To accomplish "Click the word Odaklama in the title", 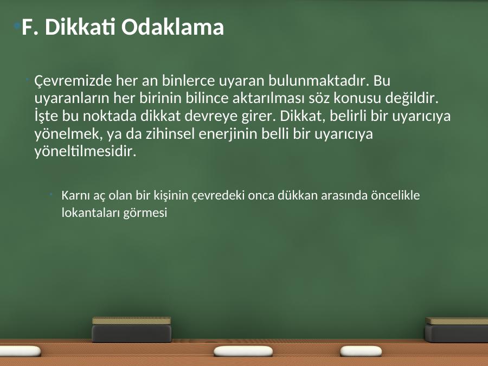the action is click(172, 27).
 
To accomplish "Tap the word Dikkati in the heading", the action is click(80, 27).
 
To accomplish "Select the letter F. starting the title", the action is click(30, 28).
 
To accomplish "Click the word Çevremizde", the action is click(73, 81).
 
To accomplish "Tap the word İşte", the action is click(46, 116).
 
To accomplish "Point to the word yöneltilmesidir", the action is click(85, 152).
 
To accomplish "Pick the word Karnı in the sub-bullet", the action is click(73, 195).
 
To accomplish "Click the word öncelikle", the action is click(395, 195).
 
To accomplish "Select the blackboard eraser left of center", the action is click(132, 330).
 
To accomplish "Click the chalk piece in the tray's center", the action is click(243, 351).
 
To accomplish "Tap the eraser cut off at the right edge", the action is click(457, 330).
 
